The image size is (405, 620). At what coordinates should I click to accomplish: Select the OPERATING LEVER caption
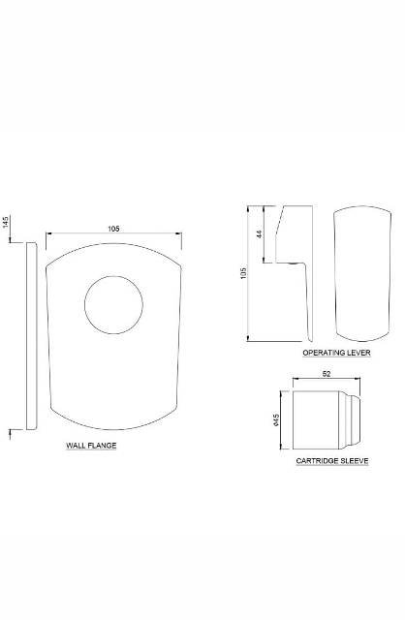click(x=336, y=354)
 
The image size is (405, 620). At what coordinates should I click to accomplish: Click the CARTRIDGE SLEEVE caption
click(x=331, y=462)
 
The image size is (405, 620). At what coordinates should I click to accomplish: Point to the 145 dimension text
click(x=6, y=222)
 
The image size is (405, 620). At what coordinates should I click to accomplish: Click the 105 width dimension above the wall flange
click(x=113, y=228)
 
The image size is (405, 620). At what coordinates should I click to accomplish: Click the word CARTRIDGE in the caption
click(x=316, y=462)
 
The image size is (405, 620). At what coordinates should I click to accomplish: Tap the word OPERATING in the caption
click(x=324, y=354)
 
